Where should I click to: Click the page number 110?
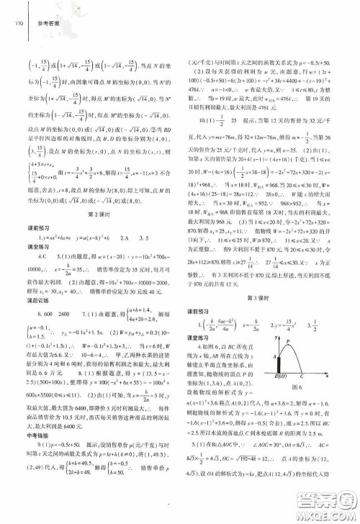(x=15, y=22)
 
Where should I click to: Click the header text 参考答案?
(x=45, y=22)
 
